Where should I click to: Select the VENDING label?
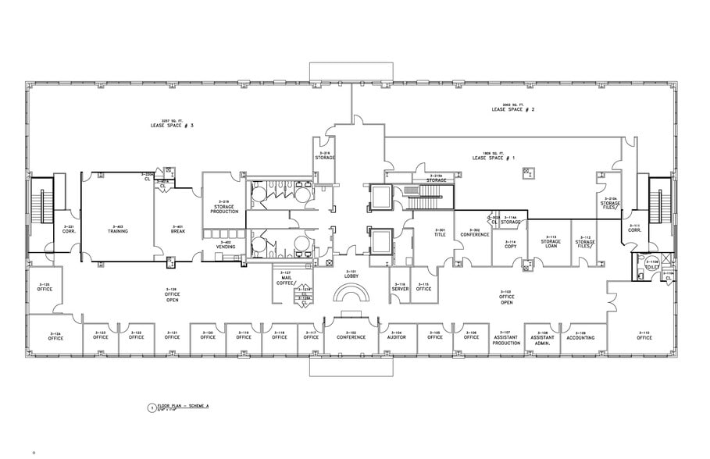226,245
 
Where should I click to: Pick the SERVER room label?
399,287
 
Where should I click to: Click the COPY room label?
510,244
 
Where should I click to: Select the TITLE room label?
440,233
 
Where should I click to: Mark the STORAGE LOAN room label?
550,243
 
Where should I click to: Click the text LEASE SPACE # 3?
172,125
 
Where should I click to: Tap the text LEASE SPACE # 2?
512,110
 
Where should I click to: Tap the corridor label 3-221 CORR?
68,229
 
